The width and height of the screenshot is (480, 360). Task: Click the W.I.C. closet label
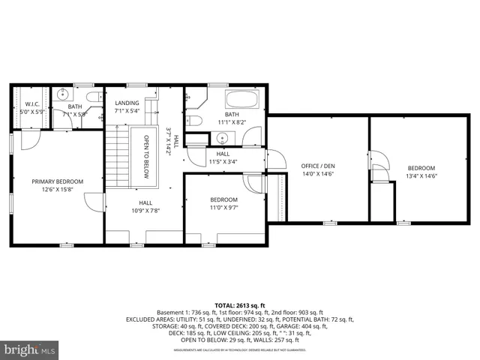point(32,104)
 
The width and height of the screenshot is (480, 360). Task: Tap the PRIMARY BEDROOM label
point(57,181)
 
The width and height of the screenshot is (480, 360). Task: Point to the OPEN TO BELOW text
point(146,154)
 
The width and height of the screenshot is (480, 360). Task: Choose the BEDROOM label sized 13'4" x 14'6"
point(421,168)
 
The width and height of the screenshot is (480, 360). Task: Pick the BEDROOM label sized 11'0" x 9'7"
point(223,199)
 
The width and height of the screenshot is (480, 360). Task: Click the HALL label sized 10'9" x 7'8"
point(145,202)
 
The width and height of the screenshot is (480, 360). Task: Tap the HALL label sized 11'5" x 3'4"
point(223,154)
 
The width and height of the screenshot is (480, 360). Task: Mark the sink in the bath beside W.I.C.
point(62,95)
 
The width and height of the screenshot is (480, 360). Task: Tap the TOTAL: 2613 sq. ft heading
point(239,305)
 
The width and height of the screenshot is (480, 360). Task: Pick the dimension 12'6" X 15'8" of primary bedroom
point(57,190)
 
